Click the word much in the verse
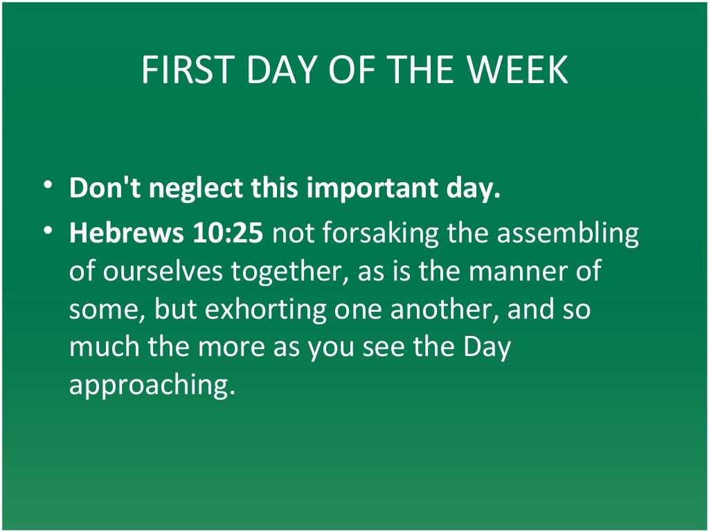point(102,347)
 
